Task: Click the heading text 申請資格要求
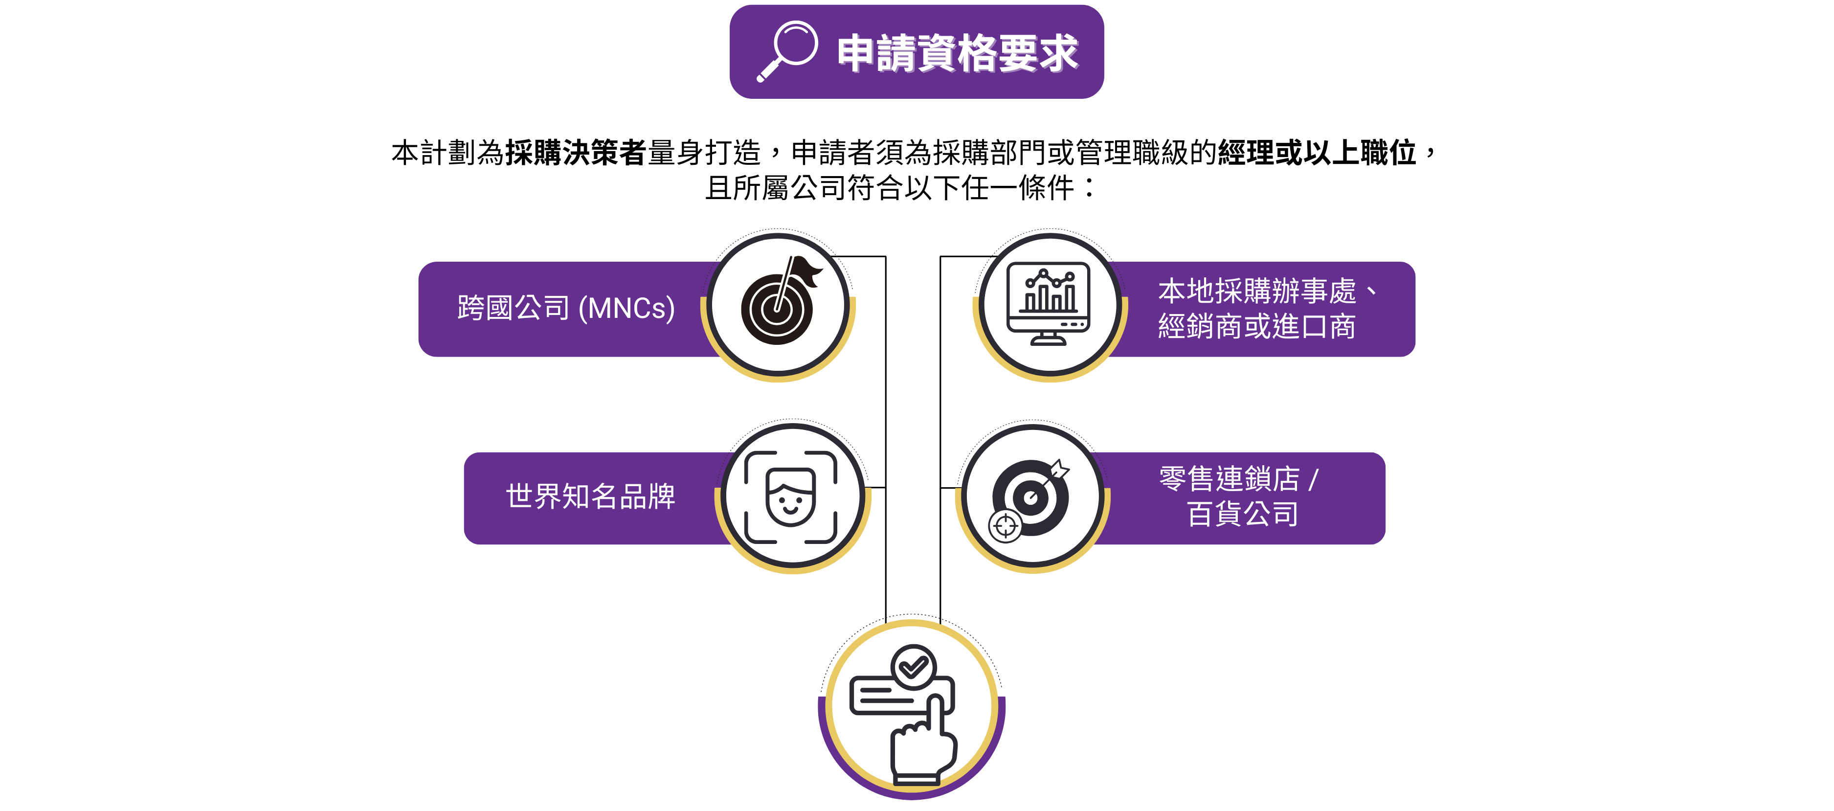coord(958,53)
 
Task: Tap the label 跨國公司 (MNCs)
coord(566,308)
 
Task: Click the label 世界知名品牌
coord(590,496)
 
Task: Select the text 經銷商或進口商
coord(1256,326)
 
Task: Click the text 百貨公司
coord(1242,514)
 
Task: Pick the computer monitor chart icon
coord(1048,303)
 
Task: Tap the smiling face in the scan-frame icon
coord(790,497)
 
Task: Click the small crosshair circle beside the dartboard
coord(1006,527)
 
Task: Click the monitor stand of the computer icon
coord(1048,339)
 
